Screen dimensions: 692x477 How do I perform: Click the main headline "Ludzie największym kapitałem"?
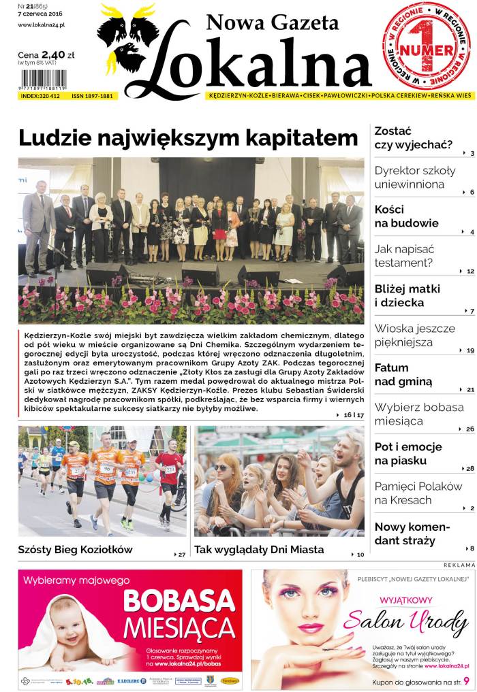[x=188, y=138]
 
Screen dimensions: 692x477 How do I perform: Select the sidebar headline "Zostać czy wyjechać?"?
[x=412, y=137]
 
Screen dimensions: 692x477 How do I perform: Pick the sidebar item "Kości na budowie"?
[x=406, y=216]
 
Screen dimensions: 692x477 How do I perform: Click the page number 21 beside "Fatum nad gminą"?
[x=470, y=390]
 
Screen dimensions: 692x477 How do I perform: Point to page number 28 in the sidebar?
[x=470, y=469]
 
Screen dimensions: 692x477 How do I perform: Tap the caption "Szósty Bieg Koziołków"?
[x=75, y=549]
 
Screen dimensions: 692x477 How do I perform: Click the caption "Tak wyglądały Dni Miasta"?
[x=259, y=549]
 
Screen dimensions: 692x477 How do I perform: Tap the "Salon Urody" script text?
[x=406, y=621]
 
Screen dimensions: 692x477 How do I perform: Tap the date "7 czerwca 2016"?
[x=40, y=15]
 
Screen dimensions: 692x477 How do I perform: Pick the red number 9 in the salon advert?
[x=466, y=680]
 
